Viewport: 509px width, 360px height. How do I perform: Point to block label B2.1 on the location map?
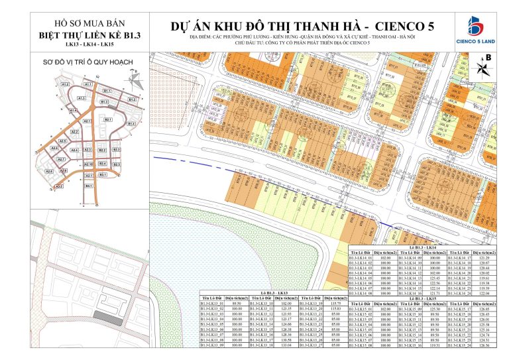click(107, 119)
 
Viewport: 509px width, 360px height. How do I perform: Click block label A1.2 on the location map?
click(65, 86)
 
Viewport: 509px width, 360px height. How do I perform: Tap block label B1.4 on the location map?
click(131, 124)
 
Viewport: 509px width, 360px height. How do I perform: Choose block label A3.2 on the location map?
click(59, 186)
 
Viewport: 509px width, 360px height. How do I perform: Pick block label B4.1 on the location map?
click(88, 186)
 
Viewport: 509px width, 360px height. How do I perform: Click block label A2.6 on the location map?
click(48, 170)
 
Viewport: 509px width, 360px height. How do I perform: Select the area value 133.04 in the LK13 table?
click(287, 346)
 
